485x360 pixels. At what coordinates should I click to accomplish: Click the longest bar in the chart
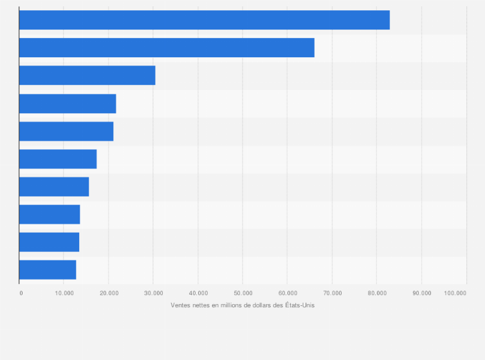click(x=205, y=20)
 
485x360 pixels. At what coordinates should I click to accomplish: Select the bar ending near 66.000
click(x=167, y=48)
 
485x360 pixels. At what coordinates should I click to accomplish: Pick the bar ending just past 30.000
click(x=87, y=75)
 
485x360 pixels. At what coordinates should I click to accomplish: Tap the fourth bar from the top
click(x=68, y=104)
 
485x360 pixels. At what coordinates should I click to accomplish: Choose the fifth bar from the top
click(x=66, y=131)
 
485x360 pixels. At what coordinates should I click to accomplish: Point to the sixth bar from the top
click(x=58, y=159)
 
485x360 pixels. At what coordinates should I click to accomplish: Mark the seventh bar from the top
click(x=54, y=186)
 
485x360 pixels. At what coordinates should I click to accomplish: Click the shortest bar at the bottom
click(x=48, y=270)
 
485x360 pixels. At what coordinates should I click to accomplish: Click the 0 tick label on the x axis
click(x=21, y=293)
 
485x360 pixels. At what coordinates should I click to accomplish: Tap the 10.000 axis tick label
click(x=64, y=293)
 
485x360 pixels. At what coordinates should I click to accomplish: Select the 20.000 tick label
click(x=109, y=293)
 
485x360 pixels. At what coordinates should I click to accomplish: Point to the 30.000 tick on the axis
click(x=153, y=293)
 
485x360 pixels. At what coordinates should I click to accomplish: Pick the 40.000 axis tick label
click(x=198, y=293)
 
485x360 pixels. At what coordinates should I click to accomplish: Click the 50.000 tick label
click(x=243, y=293)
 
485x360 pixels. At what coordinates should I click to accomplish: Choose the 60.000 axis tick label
click(x=288, y=293)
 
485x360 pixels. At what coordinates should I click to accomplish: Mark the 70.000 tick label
click(x=332, y=293)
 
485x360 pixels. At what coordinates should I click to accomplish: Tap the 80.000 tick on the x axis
click(x=377, y=293)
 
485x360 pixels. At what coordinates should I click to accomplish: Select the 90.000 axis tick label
click(x=421, y=293)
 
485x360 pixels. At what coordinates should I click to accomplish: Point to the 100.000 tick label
click(x=455, y=293)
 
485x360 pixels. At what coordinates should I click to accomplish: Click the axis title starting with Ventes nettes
click(x=243, y=305)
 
